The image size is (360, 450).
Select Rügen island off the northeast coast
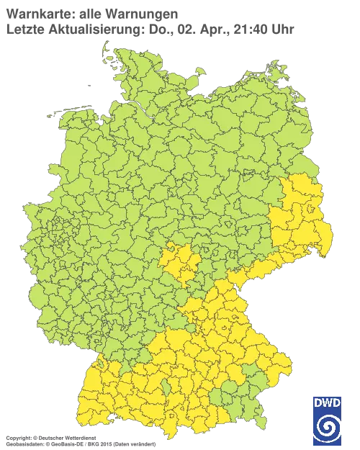274,74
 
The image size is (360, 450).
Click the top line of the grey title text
90,13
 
